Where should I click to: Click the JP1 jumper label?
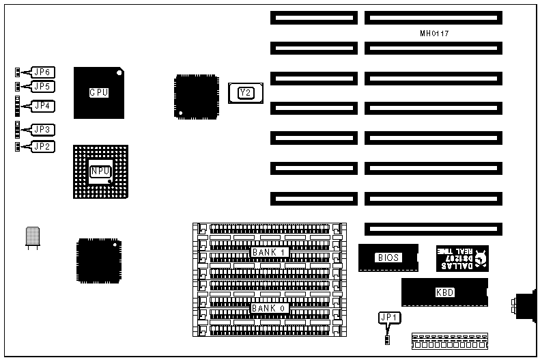pos(387,317)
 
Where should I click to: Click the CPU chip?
pos(99,92)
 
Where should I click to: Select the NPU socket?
pos(100,171)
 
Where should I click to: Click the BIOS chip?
pos(388,258)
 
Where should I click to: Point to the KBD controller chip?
pos(444,292)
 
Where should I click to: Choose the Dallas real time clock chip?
pos(462,258)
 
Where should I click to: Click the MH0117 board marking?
pos(434,33)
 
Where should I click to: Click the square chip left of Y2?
pos(196,97)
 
